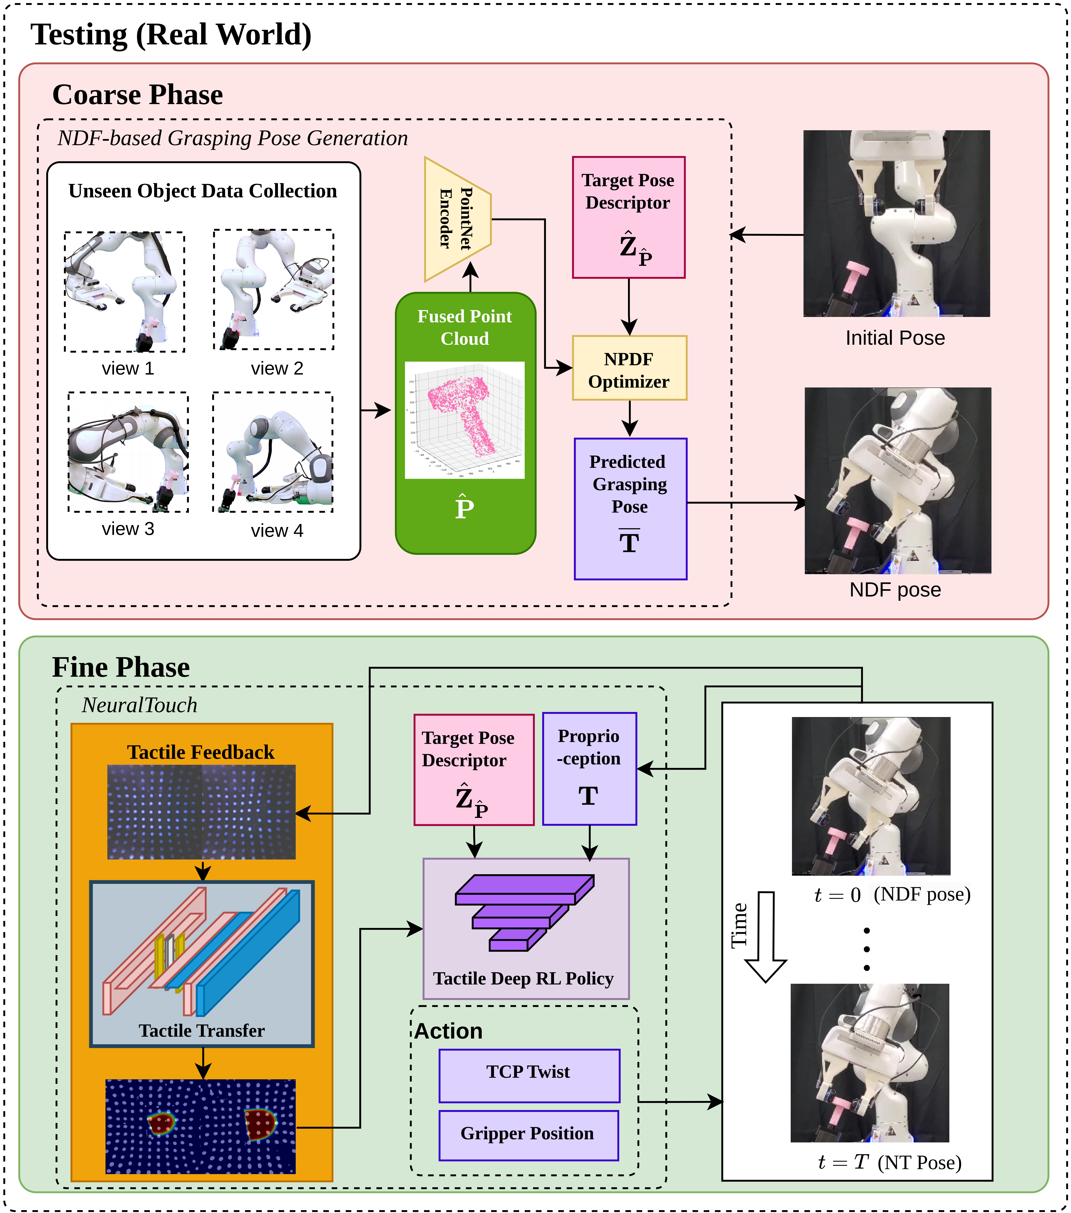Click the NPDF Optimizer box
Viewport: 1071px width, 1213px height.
pyautogui.click(x=629, y=368)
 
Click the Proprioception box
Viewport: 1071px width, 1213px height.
pyautogui.click(x=589, y=769)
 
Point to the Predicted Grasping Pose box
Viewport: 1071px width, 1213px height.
pyautogui.click(x=630, y=509)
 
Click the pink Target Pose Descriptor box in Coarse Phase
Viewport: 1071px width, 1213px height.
pyautogui.click(x=628, y=217)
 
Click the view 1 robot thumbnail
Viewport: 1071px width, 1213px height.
pyautogui.click(x=125, y=292)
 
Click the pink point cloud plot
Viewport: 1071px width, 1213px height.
pyautogui.click(x=465, y=420)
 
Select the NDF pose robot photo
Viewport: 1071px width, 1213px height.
pyautogui.click(x=897, y=481)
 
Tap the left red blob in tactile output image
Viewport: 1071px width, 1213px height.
pyautogui.click(x=161, y=1123)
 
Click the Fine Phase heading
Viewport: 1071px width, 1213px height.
pyautogui.click(x=121, y=667)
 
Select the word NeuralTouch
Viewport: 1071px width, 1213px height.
pyautogui.click(x=139, y=705)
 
